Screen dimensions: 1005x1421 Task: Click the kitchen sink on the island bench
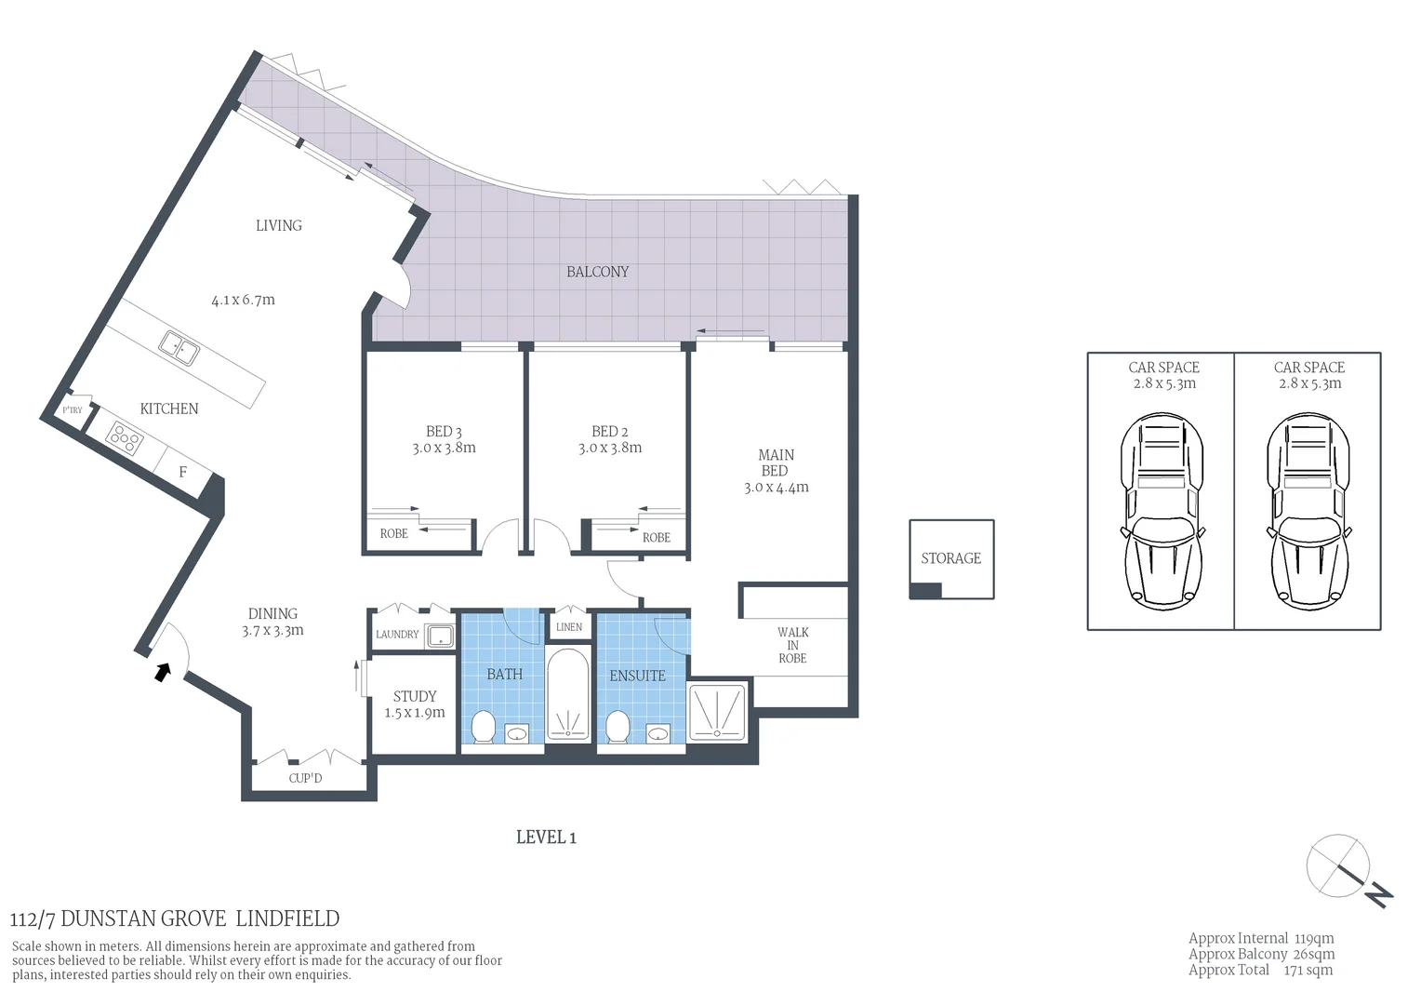[178, 348]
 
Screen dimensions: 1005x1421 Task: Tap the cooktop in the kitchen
[124, 437]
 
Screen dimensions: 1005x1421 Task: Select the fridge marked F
[182, 472]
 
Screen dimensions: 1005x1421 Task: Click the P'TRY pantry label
[72, 410]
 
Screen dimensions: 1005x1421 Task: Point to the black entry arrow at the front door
[163, 671]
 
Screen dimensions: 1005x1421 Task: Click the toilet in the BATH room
[484, 727]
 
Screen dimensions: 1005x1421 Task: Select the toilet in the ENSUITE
[618, 727]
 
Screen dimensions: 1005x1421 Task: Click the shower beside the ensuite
[717, 713]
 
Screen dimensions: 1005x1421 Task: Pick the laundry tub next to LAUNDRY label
[439, 636]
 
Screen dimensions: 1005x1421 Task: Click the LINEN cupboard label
[569, 627]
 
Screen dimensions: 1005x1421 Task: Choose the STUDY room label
[415, 696]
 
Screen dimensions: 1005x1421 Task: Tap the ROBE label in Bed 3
[393, 534]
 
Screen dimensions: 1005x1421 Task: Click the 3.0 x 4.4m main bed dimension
[776, 488]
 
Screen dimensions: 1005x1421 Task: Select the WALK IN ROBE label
[792, 645]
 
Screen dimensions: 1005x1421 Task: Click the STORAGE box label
[950, 558]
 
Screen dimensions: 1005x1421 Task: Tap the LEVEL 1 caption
[546, 837]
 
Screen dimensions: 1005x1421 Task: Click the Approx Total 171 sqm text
[1260, 970]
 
